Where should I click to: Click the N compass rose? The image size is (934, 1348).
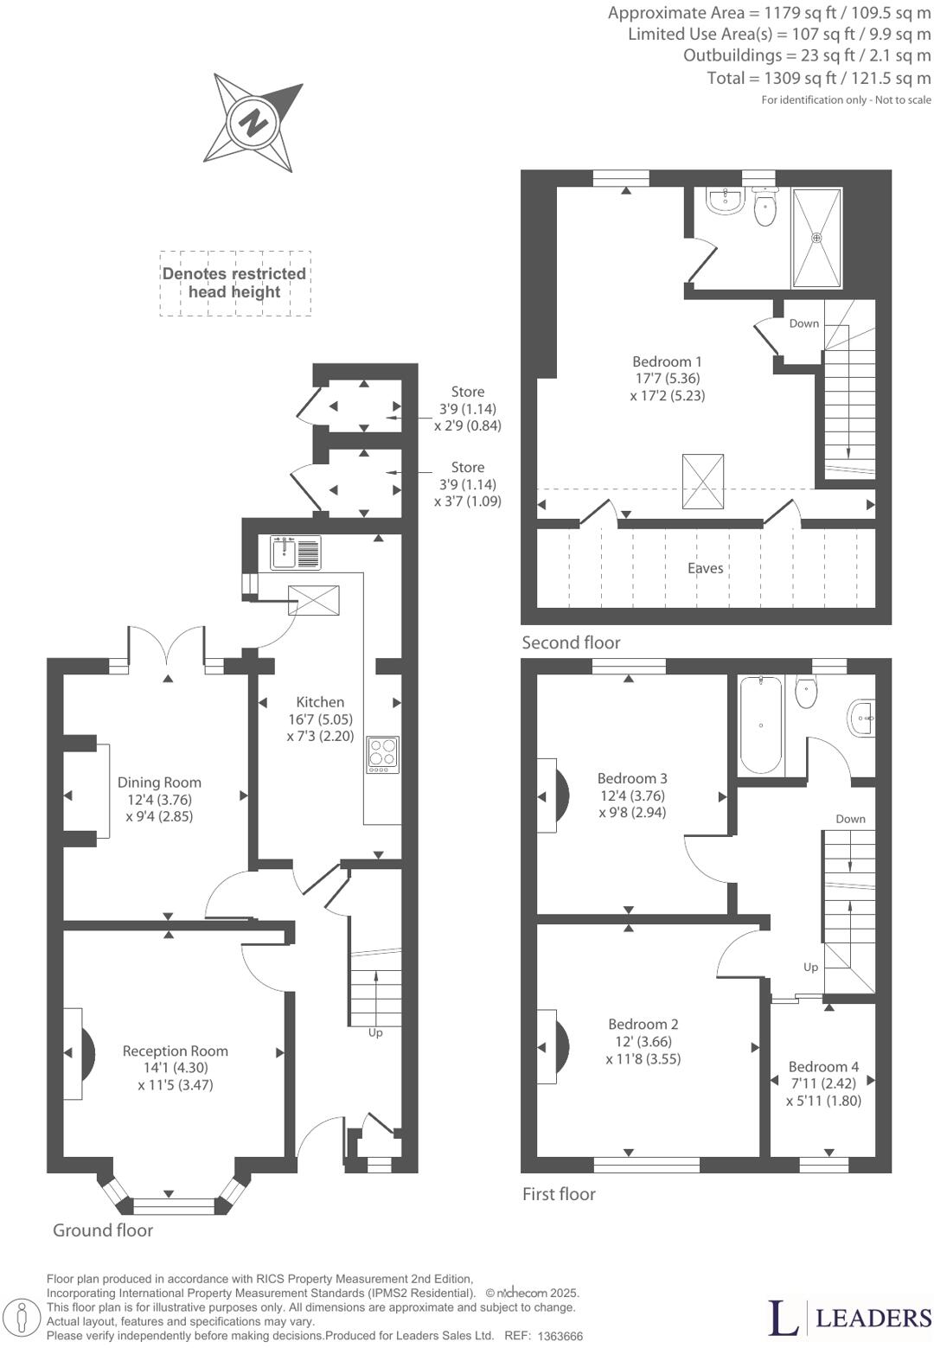253,122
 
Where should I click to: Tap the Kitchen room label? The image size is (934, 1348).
320,702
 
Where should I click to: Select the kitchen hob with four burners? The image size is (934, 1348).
382,753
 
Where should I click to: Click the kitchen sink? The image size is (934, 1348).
295,552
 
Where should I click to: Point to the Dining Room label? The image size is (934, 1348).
159,783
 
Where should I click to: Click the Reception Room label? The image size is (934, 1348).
175,1051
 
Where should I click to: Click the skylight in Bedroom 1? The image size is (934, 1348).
703,481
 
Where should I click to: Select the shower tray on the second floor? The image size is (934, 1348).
816,238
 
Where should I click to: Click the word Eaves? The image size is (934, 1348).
705,568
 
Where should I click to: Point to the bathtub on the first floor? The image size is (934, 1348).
760,725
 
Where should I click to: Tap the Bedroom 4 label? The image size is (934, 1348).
823,1067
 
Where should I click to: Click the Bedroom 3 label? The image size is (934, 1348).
632,778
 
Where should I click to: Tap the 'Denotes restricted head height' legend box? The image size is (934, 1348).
234,283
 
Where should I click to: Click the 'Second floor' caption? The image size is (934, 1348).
571,642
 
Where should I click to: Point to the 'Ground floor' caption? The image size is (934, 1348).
103,1230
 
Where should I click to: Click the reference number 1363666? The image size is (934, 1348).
560,1336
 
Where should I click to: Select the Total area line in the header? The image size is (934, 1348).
819,79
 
